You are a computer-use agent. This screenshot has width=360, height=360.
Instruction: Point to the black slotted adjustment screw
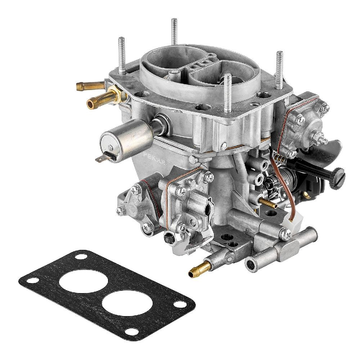[x=337, y=177]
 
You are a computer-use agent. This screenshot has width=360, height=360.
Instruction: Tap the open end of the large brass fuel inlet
[x=91, y=103]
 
